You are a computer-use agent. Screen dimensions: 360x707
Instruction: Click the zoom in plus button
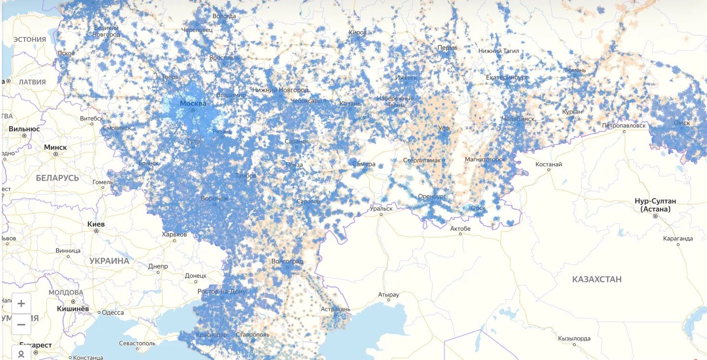click(21, 304)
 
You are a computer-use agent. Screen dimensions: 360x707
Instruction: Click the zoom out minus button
click(21, 324)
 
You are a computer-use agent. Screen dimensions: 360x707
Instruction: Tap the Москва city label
click(193, 103)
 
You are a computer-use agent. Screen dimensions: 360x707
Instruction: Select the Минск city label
click(56, 147)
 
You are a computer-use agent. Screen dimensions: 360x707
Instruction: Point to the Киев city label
click(96, 224)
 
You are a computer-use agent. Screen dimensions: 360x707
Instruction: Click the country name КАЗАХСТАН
click(596, 279)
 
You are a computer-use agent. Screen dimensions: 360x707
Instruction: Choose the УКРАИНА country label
click(109, 261)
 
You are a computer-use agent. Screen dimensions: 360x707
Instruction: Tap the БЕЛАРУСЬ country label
click(57, 178)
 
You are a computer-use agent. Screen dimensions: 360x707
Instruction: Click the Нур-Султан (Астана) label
click(655, 205)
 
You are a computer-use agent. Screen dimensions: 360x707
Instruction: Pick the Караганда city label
click(678, 238)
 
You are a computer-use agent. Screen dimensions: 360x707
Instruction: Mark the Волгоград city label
click(287, 261)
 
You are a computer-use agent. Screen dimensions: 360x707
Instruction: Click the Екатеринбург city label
click(507, 77)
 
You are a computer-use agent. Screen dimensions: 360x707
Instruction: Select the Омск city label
click(682, 123)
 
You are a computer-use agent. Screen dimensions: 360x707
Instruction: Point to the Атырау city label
click(388, 294)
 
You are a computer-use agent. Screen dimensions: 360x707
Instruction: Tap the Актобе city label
click(460, 228)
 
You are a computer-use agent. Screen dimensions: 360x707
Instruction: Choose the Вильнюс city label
click(24, 129)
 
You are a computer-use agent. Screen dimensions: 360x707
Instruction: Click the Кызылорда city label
click(574, 338)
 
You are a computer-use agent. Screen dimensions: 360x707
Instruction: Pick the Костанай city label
click(549, 164)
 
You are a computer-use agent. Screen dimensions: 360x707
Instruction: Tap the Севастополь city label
click(137, 343)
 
